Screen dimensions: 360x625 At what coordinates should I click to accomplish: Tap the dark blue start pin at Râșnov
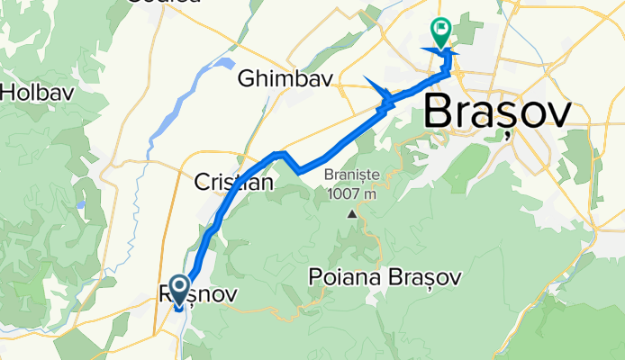tap(178, 291)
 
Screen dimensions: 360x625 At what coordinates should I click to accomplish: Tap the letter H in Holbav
tap(9, 92)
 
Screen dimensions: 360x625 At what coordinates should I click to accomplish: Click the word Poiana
tap(336, 275)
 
